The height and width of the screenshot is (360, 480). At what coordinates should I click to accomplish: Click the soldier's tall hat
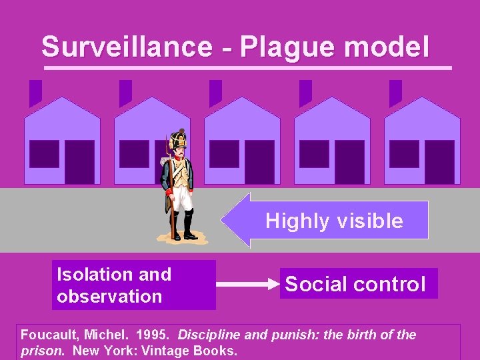tap(178, 140)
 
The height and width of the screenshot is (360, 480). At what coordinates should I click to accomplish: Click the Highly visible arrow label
tap(334, 221)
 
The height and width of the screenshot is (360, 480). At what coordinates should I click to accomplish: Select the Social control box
tap(359, 284)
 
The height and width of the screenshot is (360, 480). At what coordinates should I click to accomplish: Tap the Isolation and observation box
tap(133, 285)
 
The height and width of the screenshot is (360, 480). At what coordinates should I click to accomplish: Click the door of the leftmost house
tap(79, 162)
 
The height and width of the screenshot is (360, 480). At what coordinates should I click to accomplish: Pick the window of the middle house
tap(224, 154)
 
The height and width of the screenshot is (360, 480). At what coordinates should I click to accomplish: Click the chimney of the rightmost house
tap(395, 92)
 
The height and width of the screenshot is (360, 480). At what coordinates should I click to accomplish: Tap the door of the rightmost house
tap(439, 162)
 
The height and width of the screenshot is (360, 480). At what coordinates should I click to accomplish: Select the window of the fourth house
tap(314, 154)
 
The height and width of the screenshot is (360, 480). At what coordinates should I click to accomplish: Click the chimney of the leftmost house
tap(35, 92)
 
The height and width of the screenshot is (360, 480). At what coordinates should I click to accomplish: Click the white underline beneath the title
tap(247, 67)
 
